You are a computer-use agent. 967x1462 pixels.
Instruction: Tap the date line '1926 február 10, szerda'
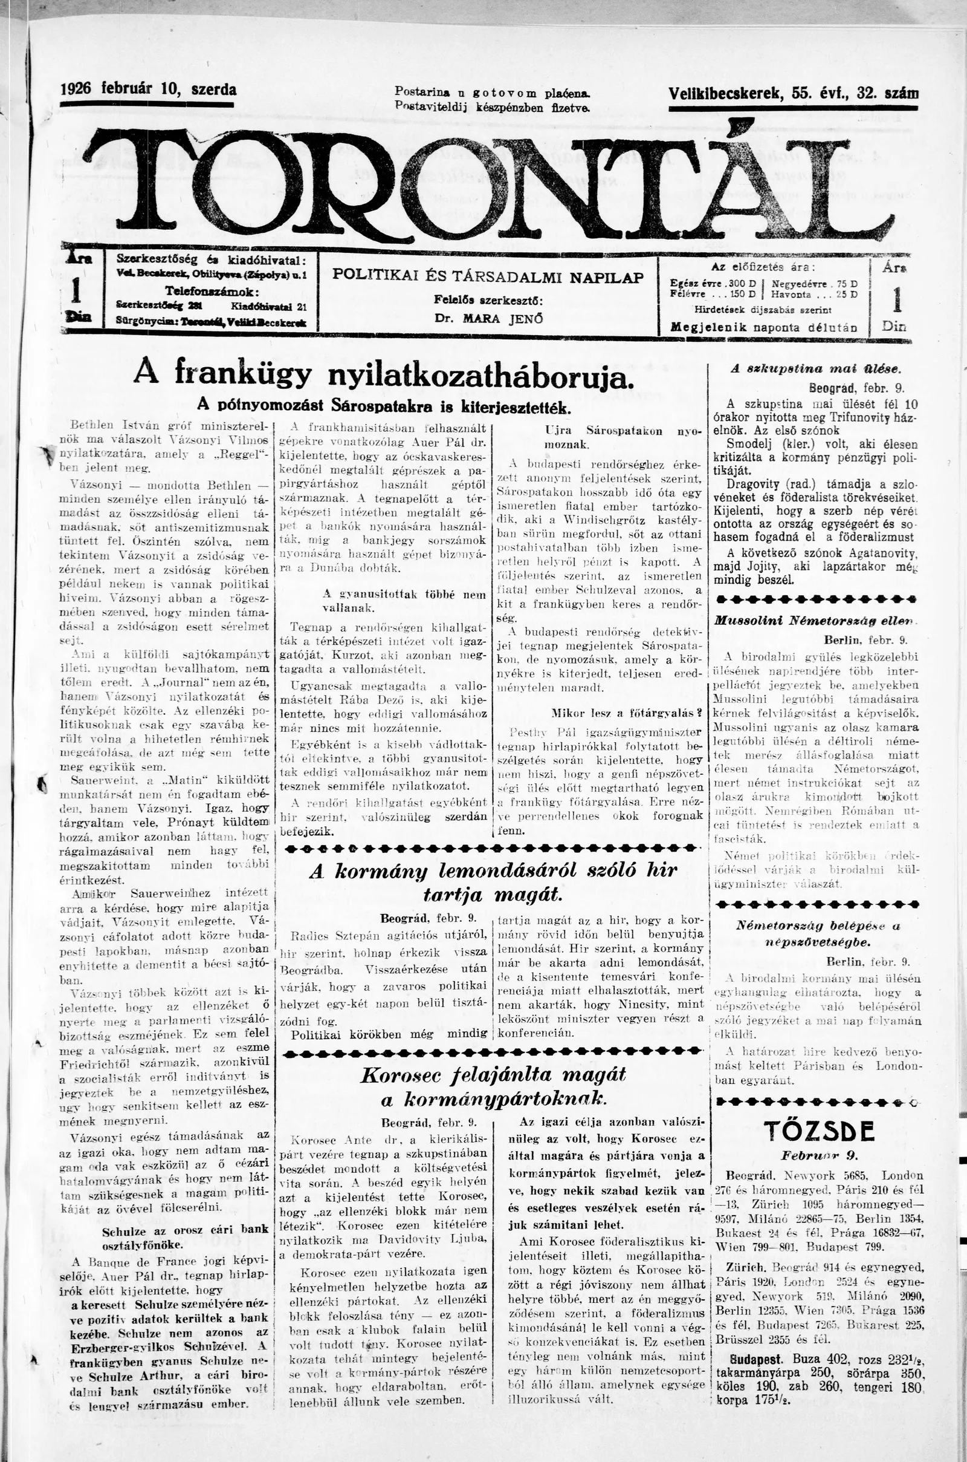click(148, 90)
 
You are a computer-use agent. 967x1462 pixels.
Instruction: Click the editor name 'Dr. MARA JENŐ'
click(488, 319)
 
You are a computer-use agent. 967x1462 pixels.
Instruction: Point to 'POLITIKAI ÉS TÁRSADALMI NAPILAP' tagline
click(488, 276)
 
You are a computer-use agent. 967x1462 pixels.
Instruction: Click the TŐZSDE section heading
click(819, 1131)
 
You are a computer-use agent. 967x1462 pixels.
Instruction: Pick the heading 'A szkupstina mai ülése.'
click(816, 369)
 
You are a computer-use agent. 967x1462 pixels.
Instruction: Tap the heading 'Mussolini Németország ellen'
click(815, 621)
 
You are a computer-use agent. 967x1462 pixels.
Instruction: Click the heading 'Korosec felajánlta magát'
click(493, 1074)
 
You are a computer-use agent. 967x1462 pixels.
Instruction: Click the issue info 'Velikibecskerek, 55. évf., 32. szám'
click(793, 94)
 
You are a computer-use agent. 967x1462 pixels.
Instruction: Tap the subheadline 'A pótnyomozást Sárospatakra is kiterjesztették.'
click(383, 406)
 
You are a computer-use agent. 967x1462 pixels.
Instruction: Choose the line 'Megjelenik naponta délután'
click(763, 327)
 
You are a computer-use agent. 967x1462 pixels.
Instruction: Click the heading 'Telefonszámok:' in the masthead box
click(212, 291)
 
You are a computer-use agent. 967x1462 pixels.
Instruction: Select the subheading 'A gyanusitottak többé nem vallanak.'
click(404, 601)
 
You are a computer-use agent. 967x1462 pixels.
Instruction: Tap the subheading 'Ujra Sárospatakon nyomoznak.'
click(624, 437)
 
